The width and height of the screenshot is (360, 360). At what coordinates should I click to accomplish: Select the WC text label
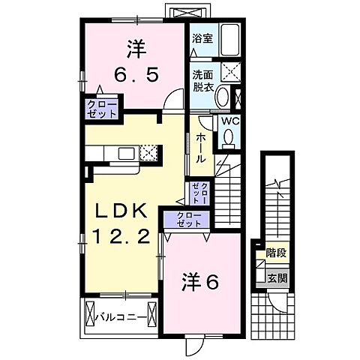point(229,121)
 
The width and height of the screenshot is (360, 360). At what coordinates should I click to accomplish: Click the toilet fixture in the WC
point(228,136)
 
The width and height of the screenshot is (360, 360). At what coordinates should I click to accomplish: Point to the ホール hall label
point(202,148)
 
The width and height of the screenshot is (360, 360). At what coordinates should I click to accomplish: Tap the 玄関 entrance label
point(276,277)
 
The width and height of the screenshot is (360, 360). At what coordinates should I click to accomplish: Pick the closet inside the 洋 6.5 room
point(100,109)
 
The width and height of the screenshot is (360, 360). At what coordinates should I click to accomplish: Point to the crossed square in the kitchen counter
point(148,152)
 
